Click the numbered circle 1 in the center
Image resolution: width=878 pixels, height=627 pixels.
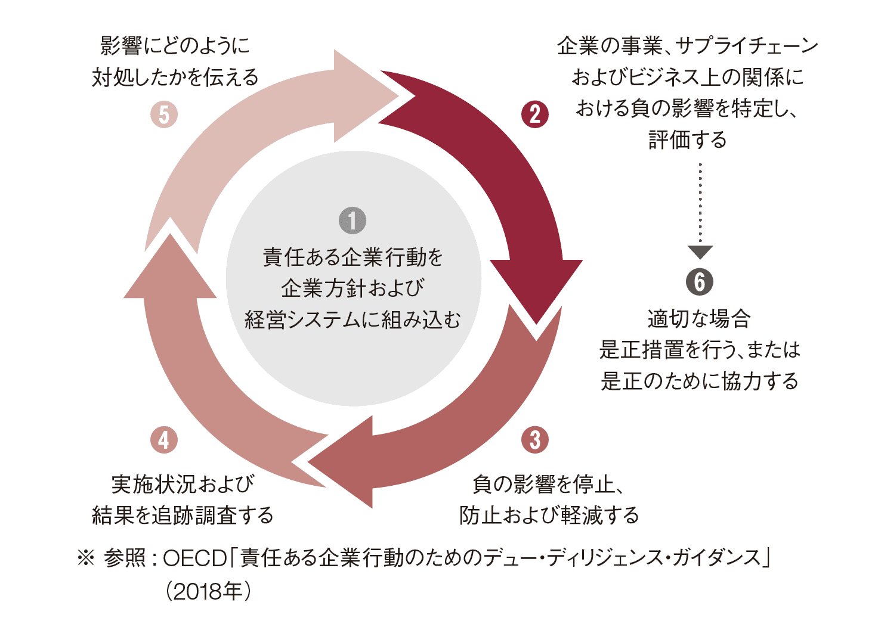[352, 221]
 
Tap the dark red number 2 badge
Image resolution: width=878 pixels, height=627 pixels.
[535, 114]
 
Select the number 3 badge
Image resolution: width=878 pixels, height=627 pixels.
[535, 440]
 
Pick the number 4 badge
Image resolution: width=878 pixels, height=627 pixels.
[164, 440]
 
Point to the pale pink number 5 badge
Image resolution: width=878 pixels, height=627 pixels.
[164, 114]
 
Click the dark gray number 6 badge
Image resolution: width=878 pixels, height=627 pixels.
[700, 282]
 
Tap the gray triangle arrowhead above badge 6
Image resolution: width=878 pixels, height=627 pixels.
[700, 252]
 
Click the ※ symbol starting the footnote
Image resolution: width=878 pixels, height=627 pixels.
[86, 558]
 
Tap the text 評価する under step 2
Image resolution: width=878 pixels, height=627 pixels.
[688, 140]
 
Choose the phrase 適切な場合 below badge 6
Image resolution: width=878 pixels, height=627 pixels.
[699, 319]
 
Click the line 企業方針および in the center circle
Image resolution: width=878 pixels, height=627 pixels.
[353, 288]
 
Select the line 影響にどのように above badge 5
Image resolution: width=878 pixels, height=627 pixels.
[174, 46]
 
